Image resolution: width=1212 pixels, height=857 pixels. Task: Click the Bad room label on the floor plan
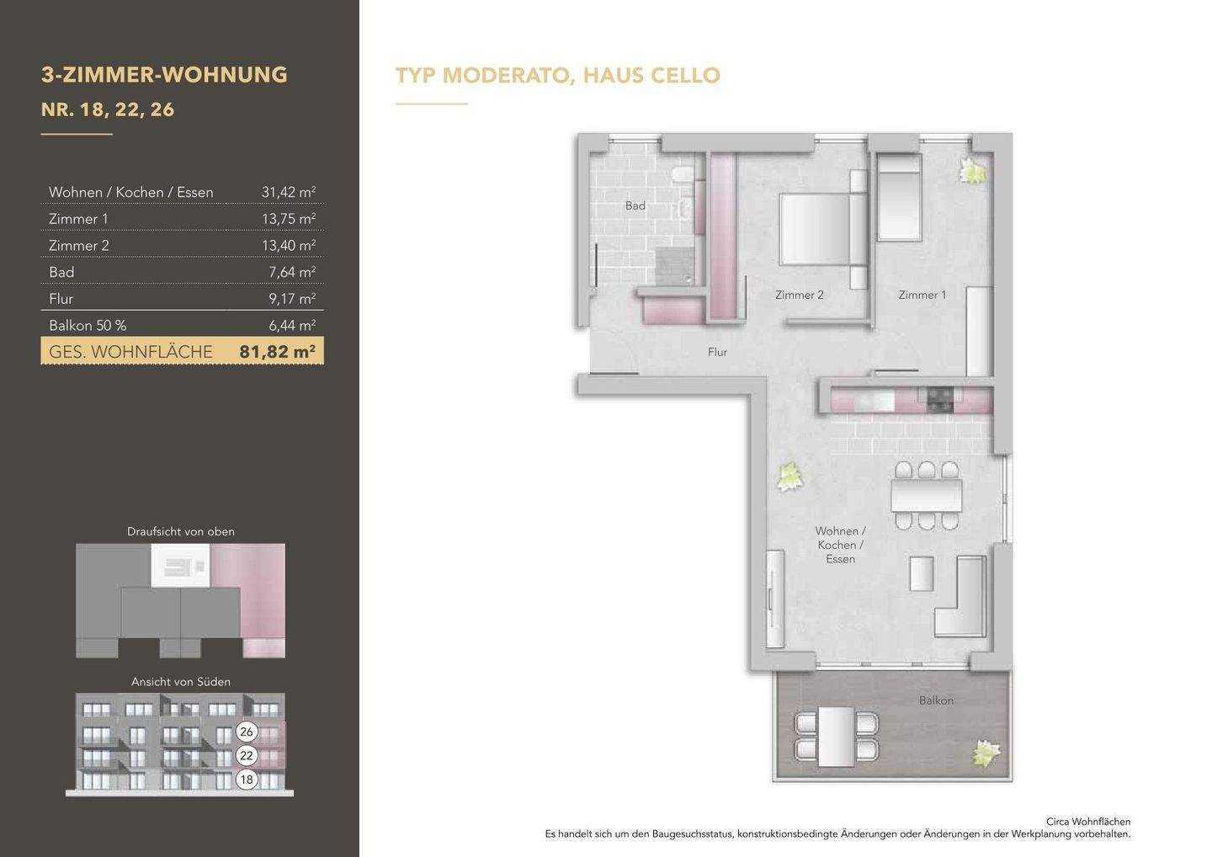tap(635, 205)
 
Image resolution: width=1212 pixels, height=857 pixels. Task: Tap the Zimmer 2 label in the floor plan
tap(800, 295)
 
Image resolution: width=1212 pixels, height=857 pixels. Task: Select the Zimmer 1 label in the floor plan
tap(922, 295)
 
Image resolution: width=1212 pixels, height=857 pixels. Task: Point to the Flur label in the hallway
tap(717, 352)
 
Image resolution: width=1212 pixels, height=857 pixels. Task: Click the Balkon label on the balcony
tap(936, 700)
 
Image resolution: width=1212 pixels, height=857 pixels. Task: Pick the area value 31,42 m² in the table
tap(289, 192)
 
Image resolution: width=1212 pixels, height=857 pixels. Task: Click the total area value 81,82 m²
tap(277, 352)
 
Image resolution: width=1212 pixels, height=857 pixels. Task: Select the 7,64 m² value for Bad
tap(292, 272)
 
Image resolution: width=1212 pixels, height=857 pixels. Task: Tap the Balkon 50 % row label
tap(88, 325)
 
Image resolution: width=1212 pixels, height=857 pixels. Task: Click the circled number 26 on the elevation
tap(246, 732)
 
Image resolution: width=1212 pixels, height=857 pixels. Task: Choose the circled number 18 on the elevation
tap(246, 780)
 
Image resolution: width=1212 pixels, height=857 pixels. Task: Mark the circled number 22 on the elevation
tap(246, 756)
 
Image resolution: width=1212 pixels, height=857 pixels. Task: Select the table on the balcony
tap(837, 737)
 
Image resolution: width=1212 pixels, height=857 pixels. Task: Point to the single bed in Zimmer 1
tap(899, 197)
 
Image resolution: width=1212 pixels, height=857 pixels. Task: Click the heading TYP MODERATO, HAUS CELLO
tap(558, 75)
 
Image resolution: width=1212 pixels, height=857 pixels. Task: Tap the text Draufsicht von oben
tap(181, 532)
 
